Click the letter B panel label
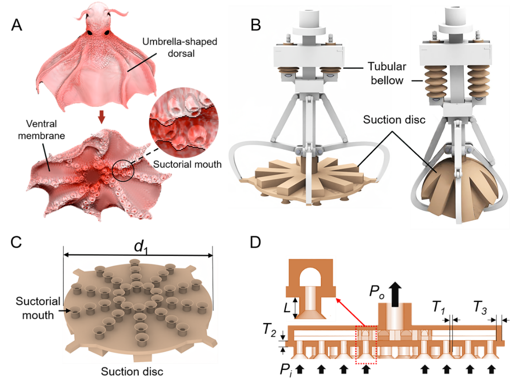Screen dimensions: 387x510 click(256, 25)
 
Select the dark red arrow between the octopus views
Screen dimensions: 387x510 click(102, 118)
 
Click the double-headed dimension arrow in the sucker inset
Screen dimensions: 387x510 click(295, 308)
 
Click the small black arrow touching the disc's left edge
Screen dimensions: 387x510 click(68, 311)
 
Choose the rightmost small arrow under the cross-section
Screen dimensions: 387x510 click(491, 370)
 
